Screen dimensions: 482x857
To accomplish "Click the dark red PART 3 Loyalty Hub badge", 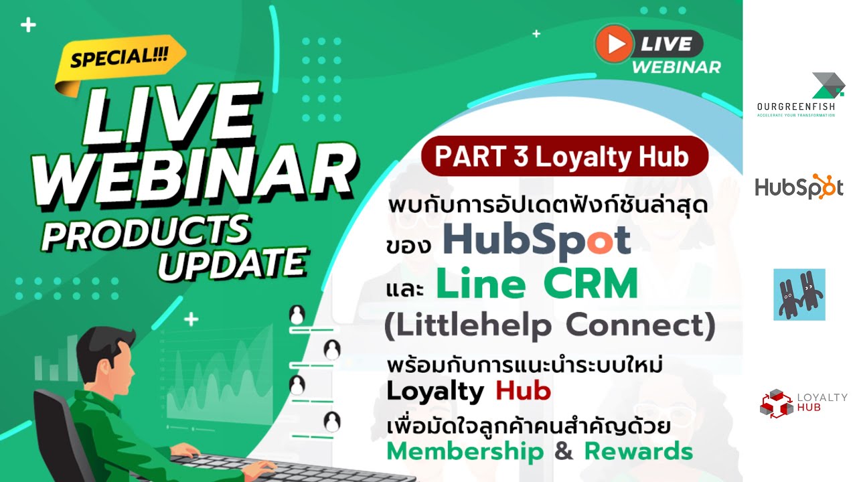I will click(564, 157).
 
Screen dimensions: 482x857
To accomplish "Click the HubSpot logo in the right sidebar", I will click(799, 187).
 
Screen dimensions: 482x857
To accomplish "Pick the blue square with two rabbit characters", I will click(799, 295).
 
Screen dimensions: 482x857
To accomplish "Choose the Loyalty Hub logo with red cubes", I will click(803, 403).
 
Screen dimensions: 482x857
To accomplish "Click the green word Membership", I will click(465, 451).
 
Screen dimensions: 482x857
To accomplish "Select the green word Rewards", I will click(638, 451).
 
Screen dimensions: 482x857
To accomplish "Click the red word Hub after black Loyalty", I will click(524, 390).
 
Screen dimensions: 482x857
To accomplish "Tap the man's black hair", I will click(100, 338).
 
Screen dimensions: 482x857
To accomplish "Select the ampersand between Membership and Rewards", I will click(564, 452).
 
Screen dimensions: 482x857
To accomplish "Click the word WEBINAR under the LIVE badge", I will click(676, 68).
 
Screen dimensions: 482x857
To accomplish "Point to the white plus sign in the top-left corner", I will click(28, 26).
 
